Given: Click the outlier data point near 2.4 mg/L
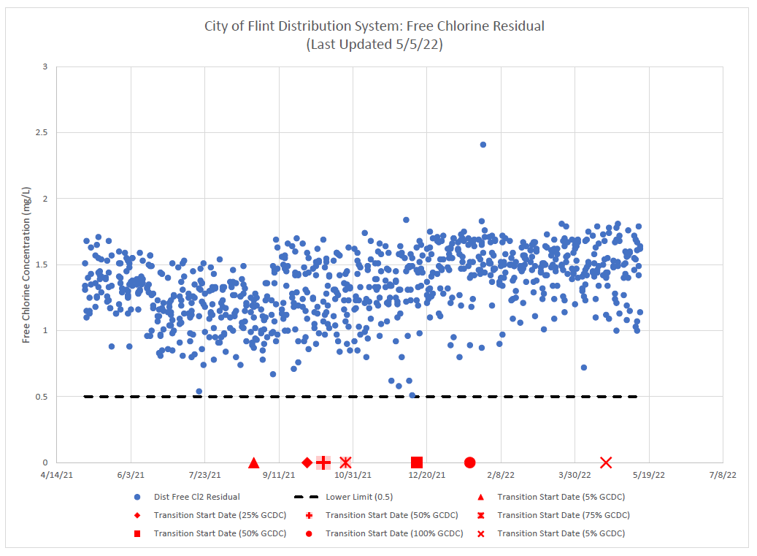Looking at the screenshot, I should point(483,145).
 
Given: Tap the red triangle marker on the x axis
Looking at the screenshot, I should point(254,462).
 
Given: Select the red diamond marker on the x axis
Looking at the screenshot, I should point(307,462).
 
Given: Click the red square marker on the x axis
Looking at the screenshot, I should point(417,462).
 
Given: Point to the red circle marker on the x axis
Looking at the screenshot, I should point(470,462).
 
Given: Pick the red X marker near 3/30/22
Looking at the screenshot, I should point(606,462).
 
